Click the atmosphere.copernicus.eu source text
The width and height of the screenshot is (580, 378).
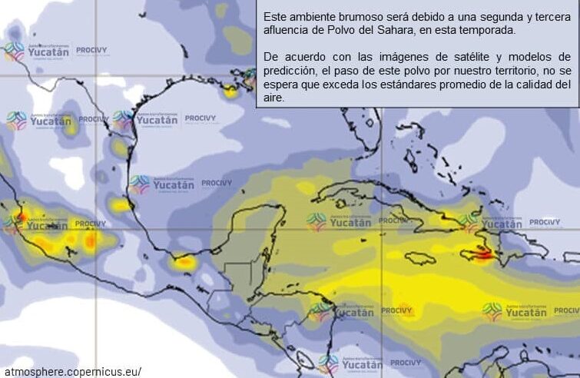(71, 370)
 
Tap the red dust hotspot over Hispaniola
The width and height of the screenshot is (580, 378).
(483, 255)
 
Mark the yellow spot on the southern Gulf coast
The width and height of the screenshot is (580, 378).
(184, 263)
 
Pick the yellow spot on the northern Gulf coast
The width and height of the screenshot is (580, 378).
(229, 91)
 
